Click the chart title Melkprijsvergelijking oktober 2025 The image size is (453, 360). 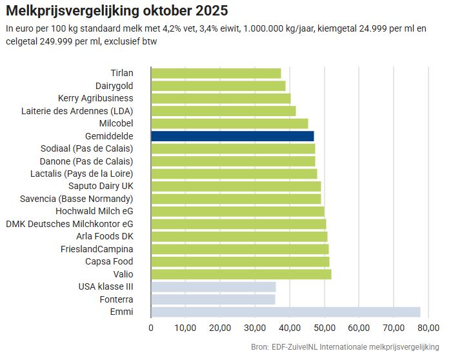(x=116, y=12)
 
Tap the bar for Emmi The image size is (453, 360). (x=285, y=312)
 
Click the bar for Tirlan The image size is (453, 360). (x=216, y=73)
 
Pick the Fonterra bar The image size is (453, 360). (x=213, y=299)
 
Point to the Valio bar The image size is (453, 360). (x=241, y=274)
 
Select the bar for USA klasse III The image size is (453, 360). (x=214, y=287)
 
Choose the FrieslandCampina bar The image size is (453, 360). (x=239, y=249)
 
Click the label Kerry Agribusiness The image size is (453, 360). (x=96, y=98)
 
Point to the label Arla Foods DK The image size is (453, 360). (x=105, y=236)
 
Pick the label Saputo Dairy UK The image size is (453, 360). (x=101, y=186)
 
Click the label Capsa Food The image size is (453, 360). (x=109, y=261)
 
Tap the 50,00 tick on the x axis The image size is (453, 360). (x=325, y=328)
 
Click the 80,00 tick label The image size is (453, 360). (x=428, y=328)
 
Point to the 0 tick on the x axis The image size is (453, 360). (x=151, y=328)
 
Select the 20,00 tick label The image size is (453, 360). (x=220, y=328)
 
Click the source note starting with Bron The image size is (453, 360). (x=345, y=347)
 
